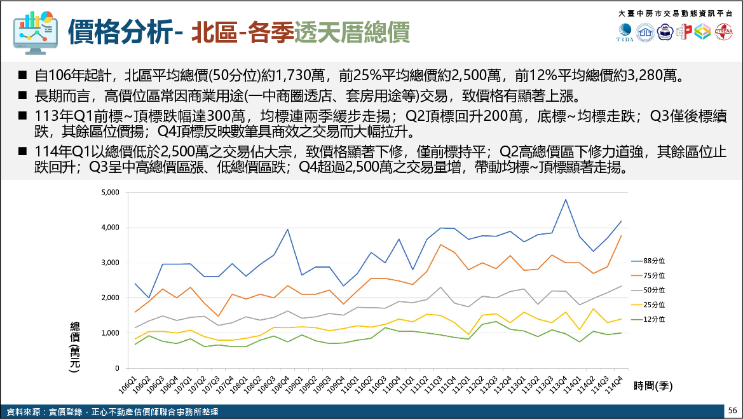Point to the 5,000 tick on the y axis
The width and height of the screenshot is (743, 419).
point(111,192)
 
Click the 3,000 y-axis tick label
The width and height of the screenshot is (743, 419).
point(111,263)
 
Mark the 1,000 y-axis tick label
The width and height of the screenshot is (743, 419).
point(111,333)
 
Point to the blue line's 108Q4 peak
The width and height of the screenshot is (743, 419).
point(288,230)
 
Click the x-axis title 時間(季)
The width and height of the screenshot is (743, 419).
point(653,385)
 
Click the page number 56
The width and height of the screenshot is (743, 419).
point(733,410)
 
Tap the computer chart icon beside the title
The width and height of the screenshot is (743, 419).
point(34,31)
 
